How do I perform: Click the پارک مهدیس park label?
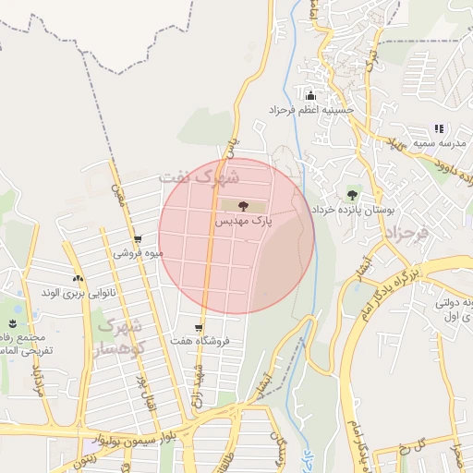(245, 222)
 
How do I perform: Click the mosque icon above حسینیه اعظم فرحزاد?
(309, 95)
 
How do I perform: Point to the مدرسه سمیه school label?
(440, 144)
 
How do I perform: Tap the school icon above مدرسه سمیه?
(439, 128)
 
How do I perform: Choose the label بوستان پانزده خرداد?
(352, 211)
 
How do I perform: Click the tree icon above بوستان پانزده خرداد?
(351, 194)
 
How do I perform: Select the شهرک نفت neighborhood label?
(199, 175)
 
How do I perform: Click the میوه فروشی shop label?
(139, 253)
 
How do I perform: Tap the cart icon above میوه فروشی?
(138, 238)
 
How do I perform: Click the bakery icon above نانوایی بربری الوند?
(78, 278)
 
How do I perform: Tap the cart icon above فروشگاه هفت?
(200, 326)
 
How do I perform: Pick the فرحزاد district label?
(407, 233)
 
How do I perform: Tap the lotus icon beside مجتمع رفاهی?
(13, 322)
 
